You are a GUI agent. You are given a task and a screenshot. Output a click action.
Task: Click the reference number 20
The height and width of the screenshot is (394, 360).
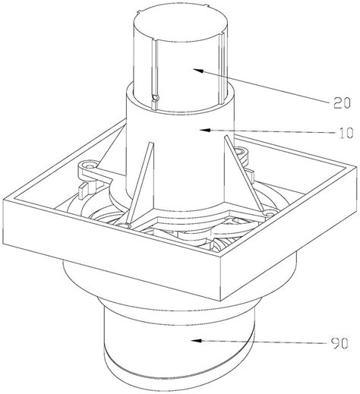click(342, 103)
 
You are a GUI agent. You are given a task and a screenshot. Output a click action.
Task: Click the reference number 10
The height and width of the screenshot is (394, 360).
click(346, 133)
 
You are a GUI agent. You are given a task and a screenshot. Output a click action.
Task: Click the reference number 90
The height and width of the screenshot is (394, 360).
click(339, 344)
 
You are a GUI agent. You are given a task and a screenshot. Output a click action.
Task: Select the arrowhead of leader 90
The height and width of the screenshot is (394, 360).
click(196, 341)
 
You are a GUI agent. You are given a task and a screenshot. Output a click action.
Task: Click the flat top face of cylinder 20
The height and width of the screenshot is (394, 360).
click(180, 25)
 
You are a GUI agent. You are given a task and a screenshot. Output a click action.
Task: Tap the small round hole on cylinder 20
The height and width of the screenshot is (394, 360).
click(154, 97)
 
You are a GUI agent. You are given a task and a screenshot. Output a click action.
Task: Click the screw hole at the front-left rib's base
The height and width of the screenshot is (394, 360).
click(123, 225)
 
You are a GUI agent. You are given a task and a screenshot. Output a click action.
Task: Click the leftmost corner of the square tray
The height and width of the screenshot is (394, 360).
click(3, 200)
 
